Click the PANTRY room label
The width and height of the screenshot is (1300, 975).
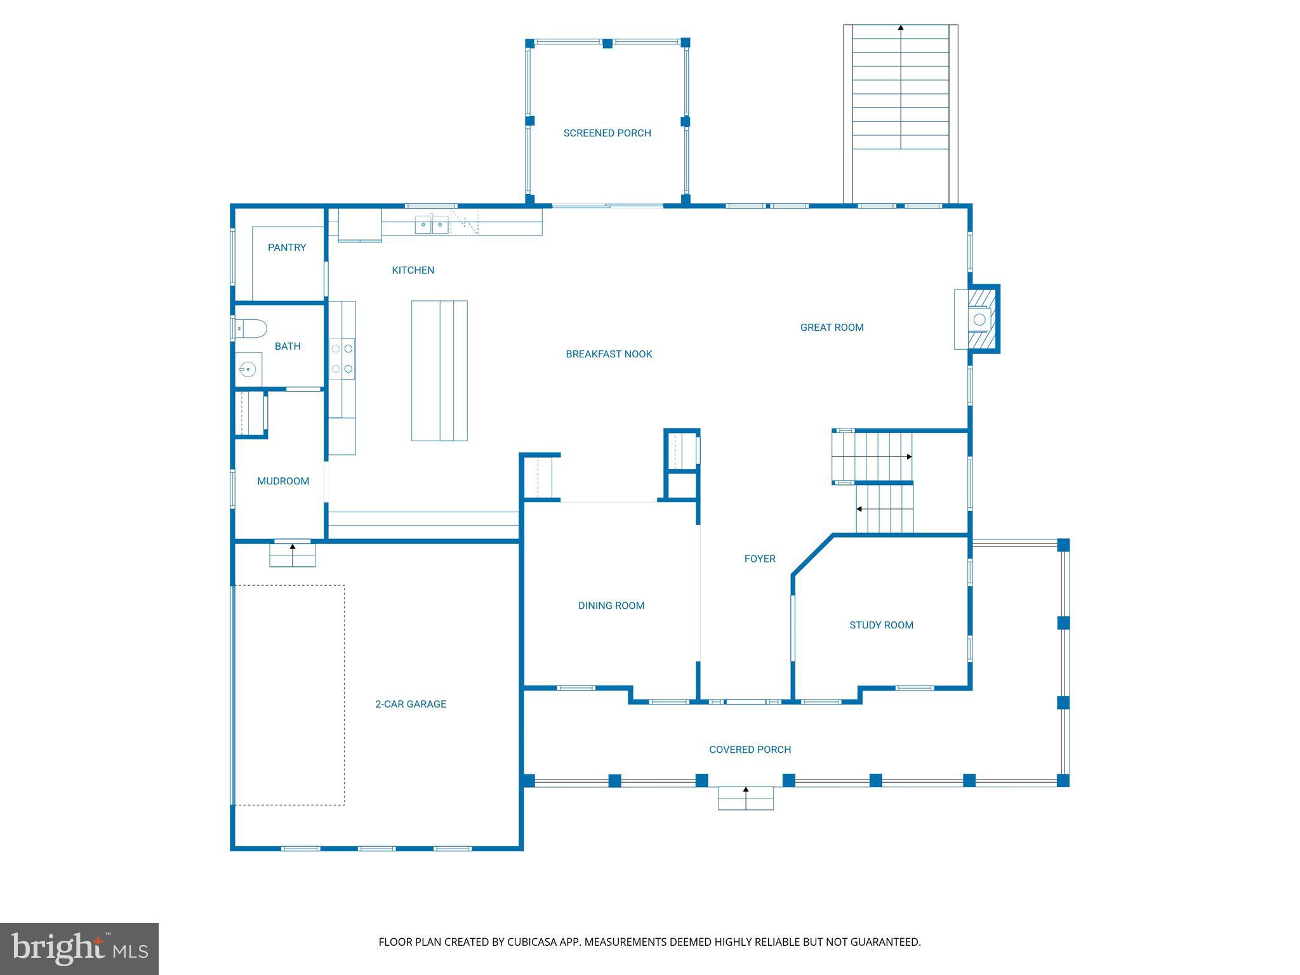(x=287, y=248)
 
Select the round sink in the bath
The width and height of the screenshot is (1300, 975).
(x=247, y=369)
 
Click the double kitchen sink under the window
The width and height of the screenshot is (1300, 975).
(x=432, y=225)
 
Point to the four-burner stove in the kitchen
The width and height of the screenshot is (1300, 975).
(x=342, y=359)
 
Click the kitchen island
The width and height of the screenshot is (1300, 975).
(x=439, y=371)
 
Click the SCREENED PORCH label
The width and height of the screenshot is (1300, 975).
(x=607, y=133)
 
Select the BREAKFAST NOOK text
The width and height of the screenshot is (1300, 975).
(x=609, y=354)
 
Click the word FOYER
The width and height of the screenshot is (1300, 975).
(x=760, y=559)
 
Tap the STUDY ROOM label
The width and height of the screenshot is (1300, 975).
(x=881, y=625)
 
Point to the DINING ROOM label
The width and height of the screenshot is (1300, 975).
(x=611, y=606)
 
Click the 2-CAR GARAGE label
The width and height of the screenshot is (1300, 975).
(x=410, y=704)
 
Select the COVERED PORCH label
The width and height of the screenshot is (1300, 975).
(x=750, y=750)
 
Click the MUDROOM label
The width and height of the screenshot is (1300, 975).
(x=283, y=481)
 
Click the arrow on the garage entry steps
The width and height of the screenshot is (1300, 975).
(x=293, y=547)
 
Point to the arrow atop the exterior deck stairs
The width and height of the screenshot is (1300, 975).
(x=900, y=28)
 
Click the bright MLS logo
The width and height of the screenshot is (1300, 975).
(x=79, y=948)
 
